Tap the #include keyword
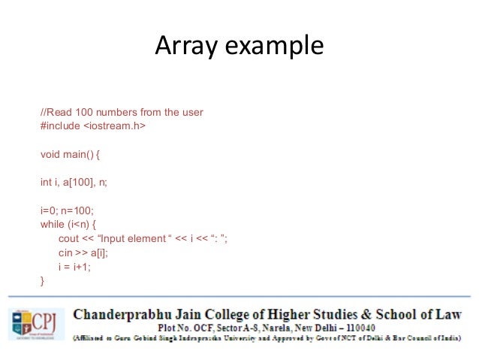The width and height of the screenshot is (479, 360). coord(59,126)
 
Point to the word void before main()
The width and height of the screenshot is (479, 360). coord(51,154)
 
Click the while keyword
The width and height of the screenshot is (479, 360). coord(53,224)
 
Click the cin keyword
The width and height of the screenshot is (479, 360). coord(66,253)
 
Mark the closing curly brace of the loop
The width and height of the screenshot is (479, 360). coord(43,280)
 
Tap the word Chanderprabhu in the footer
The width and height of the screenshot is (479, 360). coord(125,313)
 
